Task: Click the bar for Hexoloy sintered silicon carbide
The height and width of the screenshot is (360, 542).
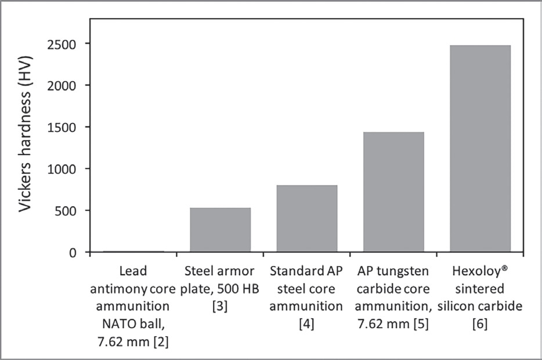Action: tap(480, 149)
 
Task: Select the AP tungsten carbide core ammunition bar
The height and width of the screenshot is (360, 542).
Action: tap(393, 192)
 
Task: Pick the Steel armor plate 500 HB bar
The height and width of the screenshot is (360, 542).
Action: tap(221, 230)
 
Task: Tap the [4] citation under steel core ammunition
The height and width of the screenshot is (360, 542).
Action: tap(307, 323)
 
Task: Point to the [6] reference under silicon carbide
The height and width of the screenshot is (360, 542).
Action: tap(480, 323)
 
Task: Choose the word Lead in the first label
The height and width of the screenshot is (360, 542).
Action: tap(133, 271)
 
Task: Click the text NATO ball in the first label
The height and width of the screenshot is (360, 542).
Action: tap(133, 323)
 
